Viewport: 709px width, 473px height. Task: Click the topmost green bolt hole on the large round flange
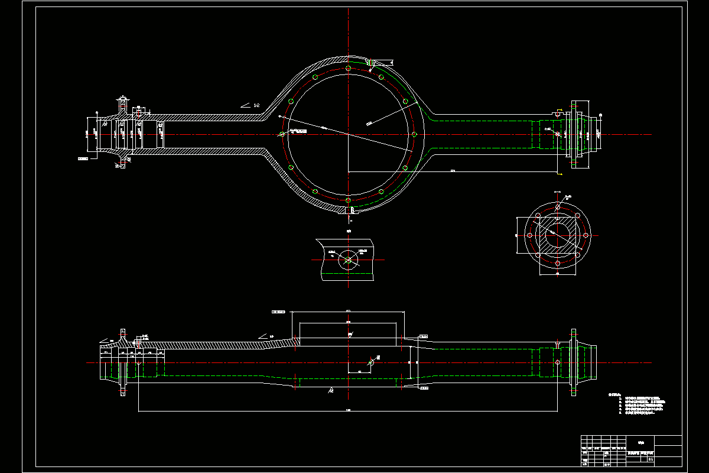(349, 68)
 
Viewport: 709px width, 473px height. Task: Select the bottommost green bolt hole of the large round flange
(349, 201)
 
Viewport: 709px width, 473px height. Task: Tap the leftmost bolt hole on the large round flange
(282, 135)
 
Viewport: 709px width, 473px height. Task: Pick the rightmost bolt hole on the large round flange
(415, 135)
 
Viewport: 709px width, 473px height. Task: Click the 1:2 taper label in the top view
(256, 105)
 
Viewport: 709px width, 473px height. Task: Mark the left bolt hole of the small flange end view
(530, 235)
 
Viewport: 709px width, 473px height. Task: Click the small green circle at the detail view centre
(348, 260)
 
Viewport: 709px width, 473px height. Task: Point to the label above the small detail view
(349, 231)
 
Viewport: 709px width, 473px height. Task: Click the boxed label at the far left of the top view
(83, 158)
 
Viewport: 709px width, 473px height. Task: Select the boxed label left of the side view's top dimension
(278, 312)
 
